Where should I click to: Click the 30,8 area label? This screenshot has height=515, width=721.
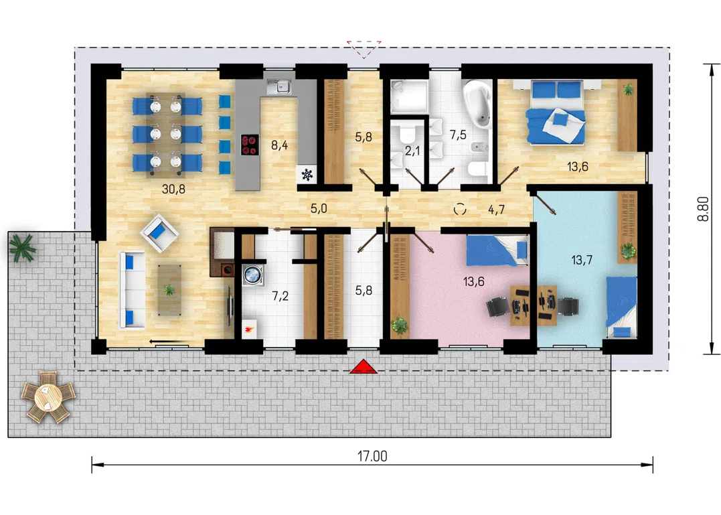pyautogui.click(x=173, y=189)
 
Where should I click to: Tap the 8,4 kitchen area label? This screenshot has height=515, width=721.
pyautogui.click(x=280, y=145)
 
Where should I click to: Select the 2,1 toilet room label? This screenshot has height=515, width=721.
pyautogui.click(x=412, y=151)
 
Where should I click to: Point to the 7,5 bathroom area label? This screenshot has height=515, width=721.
pyautogui.click(x=458, y=135)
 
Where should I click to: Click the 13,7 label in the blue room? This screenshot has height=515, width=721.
pyautogui.click(x=582, y=261)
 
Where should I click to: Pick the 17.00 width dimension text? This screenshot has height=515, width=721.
pyautogui.click(x=372, y=456)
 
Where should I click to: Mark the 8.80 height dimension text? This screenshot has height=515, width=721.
pyautogui.click(x=703, y=209)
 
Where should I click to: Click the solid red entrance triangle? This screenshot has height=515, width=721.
pyautogui.click(x=364, y=367)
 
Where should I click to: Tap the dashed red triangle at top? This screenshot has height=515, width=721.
pyautogui.click(x=364, y=49)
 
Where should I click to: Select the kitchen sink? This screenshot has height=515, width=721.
pyautogui.click(x=280, y=87)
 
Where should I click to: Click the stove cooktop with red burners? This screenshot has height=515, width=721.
pyautogui.click(x=250, y=145)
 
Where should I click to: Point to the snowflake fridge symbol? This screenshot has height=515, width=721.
pyautogui.click(x=307, y=174)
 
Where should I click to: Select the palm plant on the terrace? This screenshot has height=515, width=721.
pyautogui.click(x=23, y=247)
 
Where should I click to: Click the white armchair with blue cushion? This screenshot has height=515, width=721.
pyautogui.click(x=159, y=233)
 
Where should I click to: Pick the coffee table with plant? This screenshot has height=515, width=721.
pyautogui.click(x=169, y=290)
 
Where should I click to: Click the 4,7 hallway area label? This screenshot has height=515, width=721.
pyautogui.click(x=497, y=210)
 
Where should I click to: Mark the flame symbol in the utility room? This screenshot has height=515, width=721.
pyautogui.click(x=250, y=329)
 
